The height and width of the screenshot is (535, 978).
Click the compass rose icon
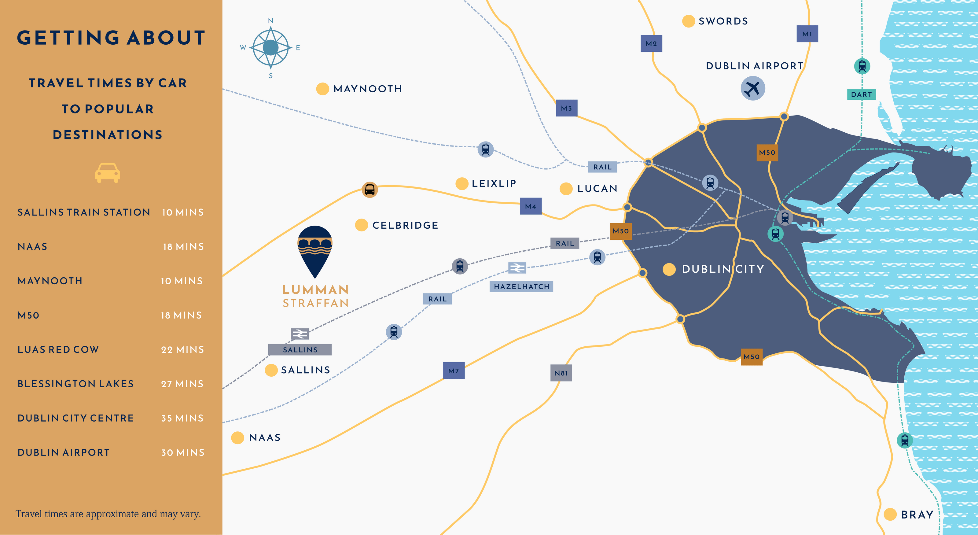click(x=271, y=48)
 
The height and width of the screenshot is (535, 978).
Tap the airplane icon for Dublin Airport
click(x=752, y=88)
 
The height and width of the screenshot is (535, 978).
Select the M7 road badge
click(x=454, y=371)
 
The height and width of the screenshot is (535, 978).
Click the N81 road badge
click(x=561, y=373)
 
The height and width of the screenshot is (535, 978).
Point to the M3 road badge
click(x=566, y=108)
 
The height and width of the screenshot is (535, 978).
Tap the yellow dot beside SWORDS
click(x=688, y=21)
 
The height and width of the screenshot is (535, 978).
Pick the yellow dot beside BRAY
click(x=890, y=515)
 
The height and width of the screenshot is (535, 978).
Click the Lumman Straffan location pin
click(x=315, y=251)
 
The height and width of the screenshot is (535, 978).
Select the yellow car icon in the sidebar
click(x=108, y=173)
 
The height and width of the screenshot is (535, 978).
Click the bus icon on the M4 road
click(x=370, y=189)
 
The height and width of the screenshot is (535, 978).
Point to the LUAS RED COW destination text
click(x=58, y=350)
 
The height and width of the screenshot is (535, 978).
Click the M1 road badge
click(x=807, y=34)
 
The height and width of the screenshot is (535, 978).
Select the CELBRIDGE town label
click(x=405, y=226)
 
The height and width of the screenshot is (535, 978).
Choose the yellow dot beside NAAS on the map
click(x=238, y=438)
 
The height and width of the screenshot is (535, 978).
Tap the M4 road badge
click(x=530, y=206)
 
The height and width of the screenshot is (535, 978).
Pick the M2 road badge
click(x=651, y=44)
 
